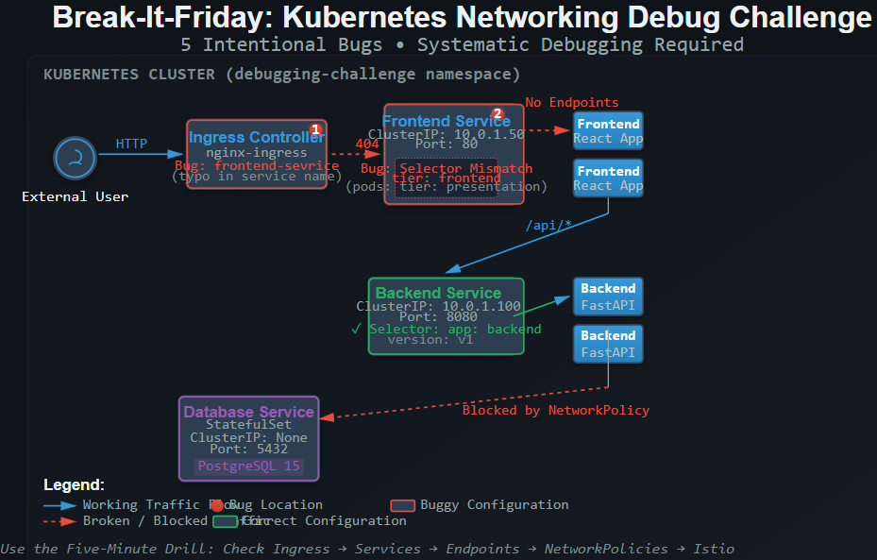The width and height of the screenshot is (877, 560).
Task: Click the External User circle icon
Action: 76,158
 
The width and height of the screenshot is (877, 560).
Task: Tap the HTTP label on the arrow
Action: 131,144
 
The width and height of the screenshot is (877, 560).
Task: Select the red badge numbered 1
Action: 316,129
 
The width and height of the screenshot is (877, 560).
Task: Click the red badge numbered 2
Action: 498,114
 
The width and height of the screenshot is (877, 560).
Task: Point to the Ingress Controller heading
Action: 255,138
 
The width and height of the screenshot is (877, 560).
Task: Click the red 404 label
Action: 366,144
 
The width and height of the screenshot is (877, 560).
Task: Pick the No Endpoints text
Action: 572,102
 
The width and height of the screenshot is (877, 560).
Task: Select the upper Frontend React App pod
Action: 608,131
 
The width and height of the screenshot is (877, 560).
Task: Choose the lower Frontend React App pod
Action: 608,178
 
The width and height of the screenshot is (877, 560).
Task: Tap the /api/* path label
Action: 548,225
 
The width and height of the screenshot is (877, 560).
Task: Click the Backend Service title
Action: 438,293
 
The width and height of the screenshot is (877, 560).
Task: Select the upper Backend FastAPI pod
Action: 608,296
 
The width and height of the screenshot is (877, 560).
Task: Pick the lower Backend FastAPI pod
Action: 608,343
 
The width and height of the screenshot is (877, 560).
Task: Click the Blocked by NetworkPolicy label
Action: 555,410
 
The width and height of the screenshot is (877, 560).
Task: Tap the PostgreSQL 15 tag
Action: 247,466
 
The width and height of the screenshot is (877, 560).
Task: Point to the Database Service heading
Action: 248,412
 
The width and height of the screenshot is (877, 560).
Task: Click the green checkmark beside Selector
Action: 356,329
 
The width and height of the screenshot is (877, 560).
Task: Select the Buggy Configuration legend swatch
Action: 403,505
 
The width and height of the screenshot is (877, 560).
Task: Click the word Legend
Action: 74,485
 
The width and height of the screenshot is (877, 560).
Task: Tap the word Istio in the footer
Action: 715,549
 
